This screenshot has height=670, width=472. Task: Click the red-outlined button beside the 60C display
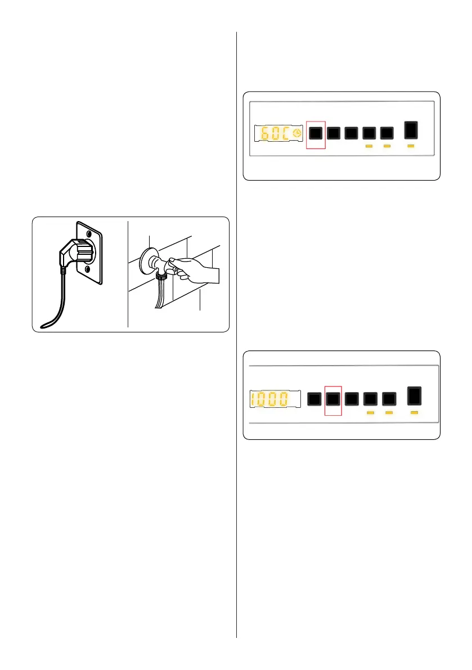[x=316, y=133]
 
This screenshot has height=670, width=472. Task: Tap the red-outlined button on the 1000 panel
[x=334, y=399]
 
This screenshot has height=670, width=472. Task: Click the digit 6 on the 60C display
[x=264, y=133]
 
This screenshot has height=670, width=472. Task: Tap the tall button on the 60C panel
[x=412, y=130]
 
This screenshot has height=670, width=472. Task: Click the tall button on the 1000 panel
[x=415, y=397]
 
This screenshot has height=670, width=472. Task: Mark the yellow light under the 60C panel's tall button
[x=412, y=146]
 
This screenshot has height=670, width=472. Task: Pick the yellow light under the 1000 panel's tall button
[x=415, y=413]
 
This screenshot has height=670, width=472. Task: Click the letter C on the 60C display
[x=287, y=133]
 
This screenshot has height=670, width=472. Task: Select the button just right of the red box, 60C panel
[x=334, y=133]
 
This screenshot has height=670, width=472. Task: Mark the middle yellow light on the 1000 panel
[x=389, y=413]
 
